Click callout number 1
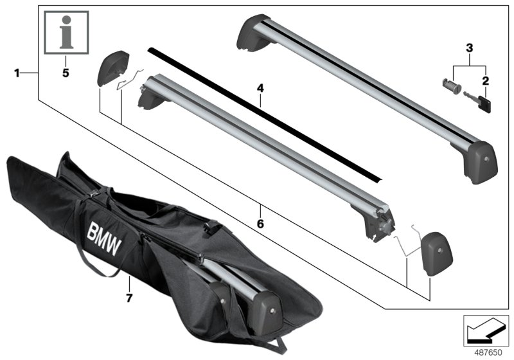click(17, 73)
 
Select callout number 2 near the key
click(486, 81)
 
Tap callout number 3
click(470, 48)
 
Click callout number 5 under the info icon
click(65, 73)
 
